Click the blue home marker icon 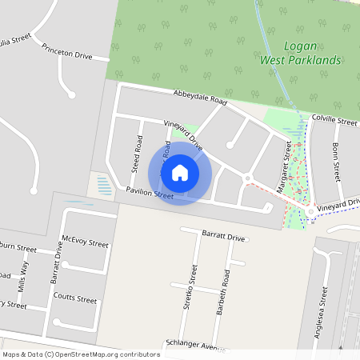pyautogui.click(x=180, y=172)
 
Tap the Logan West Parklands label pyautogui.click(x=301, y=53)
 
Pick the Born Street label pyautogui.click(x=337, y=160)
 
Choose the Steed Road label pyautogui.click(x=137, y=154)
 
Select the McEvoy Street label pyautogui.click(x=85, y=242)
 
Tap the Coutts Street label pyautogui.click(x=75, y=300)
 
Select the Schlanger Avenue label pyautogui.click(x=192, y=345)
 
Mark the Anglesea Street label pyautogui.click(x=324, y=315)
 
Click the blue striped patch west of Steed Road pyautogui.click(x=103, y=186)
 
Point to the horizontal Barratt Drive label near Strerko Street pyautogui.click(x=223, y=238)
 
